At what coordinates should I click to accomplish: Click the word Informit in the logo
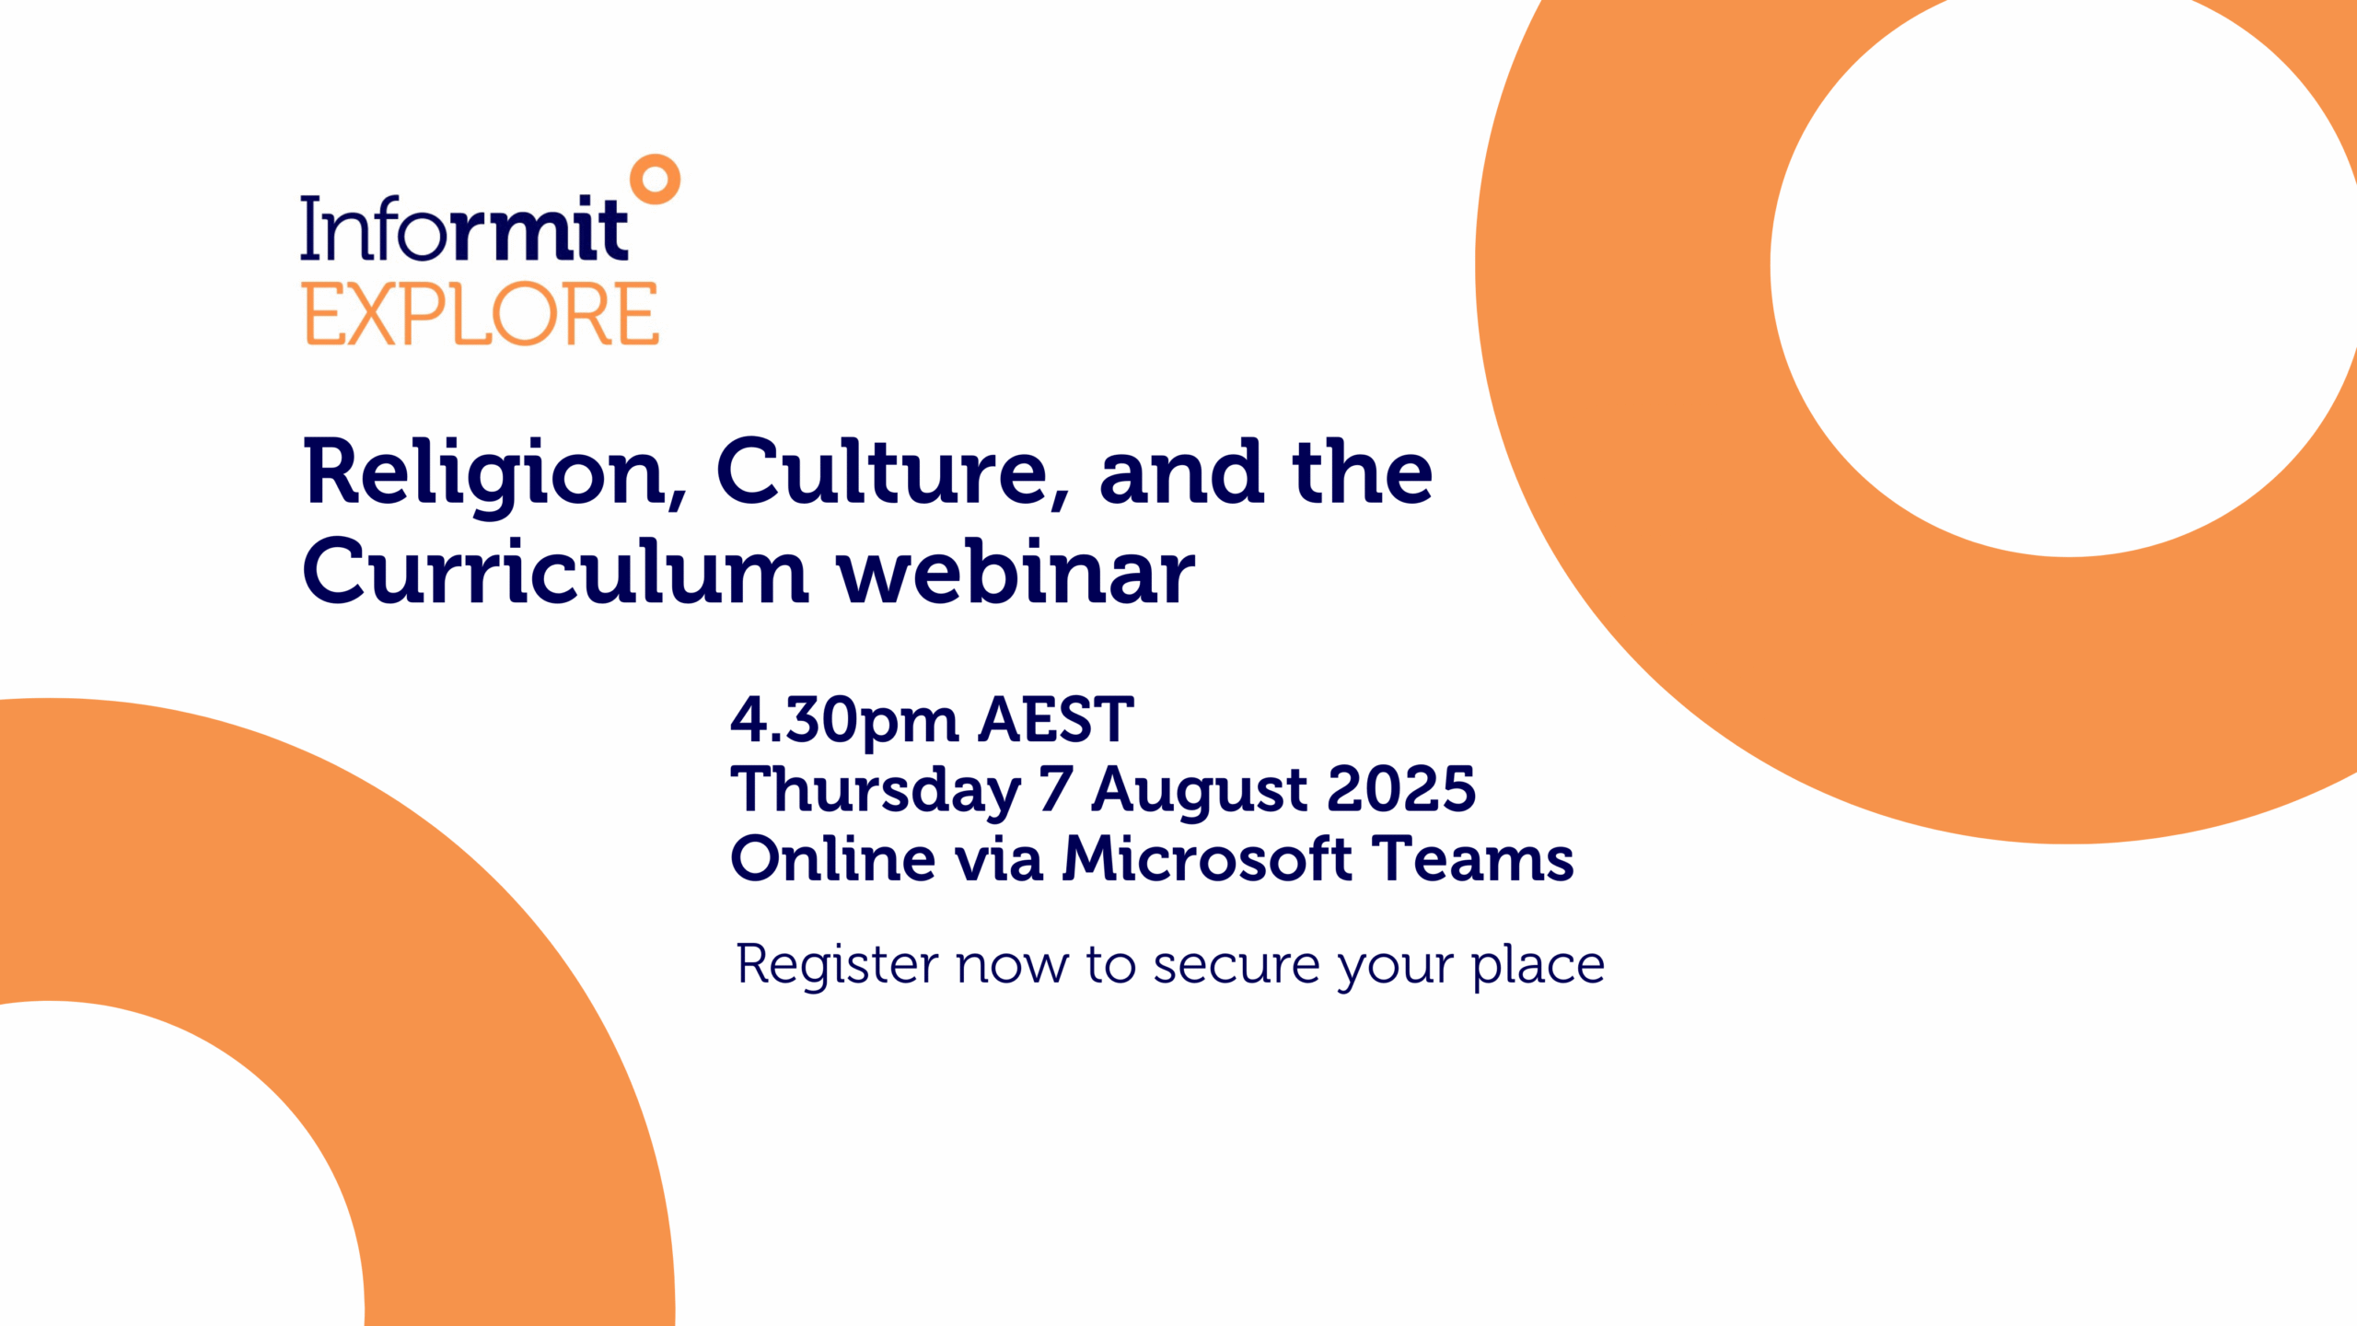click(x=465, y=227)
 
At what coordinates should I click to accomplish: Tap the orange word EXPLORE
click(x=482, y=314)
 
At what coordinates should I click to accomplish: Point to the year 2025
click(x=1401, y=789)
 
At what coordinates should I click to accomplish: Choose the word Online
click(x=832, y=858)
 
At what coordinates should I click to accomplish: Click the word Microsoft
click(x=1208, y=858)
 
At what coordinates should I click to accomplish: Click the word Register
click(x=838, y=967)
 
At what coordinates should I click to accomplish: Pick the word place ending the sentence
click(x=1538, y=967)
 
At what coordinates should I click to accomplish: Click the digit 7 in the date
click(x=1056, y=789)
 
